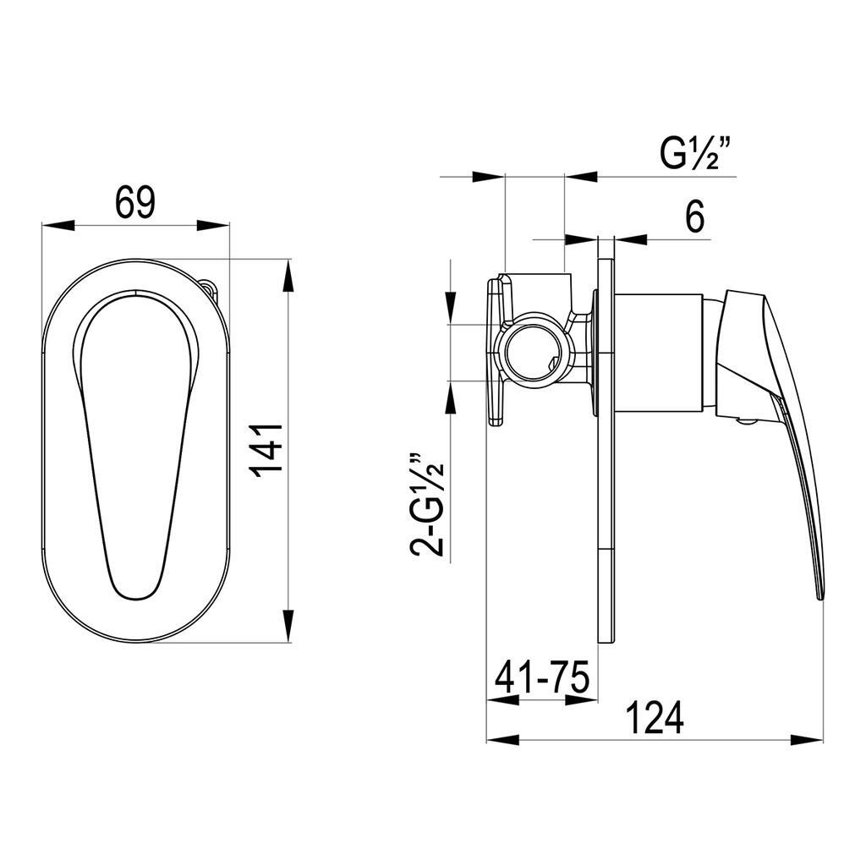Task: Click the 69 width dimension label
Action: click(x=135, y=202)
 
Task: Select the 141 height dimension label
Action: click(x=266, y=450)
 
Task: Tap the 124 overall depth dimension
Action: click(x=654, y=717)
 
